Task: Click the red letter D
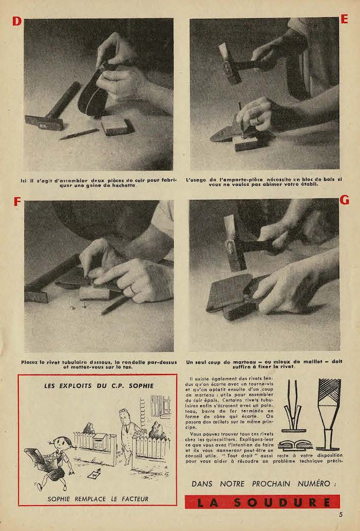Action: (x=17, y=21)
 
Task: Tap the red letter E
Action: (x=344, y=19)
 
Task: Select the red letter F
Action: (x=17, y=202)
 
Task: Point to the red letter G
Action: (x=344, y=200)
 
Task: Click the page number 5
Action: (x=340, y=514)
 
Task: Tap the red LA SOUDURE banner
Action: (x=262, y=502)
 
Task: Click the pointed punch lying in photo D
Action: (x=79, y=135)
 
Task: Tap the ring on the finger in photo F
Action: (x=133, y=289)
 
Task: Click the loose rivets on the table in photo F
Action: (x=78, y=307)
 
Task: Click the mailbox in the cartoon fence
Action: (x=100, y=441)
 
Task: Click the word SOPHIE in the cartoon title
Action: (x=141, y=386)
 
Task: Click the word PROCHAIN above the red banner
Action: (x=271, y=484)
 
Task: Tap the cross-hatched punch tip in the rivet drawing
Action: (x=329, y=390)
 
